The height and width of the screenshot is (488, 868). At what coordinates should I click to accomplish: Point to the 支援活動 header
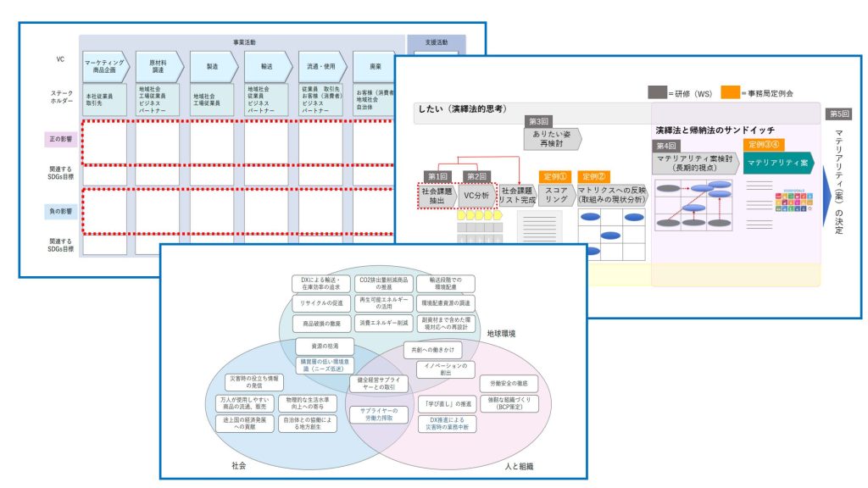pyautogui.click(x=436, y=41)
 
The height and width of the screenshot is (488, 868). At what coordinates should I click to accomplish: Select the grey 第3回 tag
pyautogui.click(x=539, y=122)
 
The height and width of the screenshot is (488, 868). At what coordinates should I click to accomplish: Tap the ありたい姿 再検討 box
pyautogui.click(x=551, y=138)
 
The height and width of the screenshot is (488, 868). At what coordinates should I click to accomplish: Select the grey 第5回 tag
pyautogui.click(x=838, y=113)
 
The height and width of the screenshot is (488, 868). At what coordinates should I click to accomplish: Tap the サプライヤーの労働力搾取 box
pyautogui.click(x=380, y=415)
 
